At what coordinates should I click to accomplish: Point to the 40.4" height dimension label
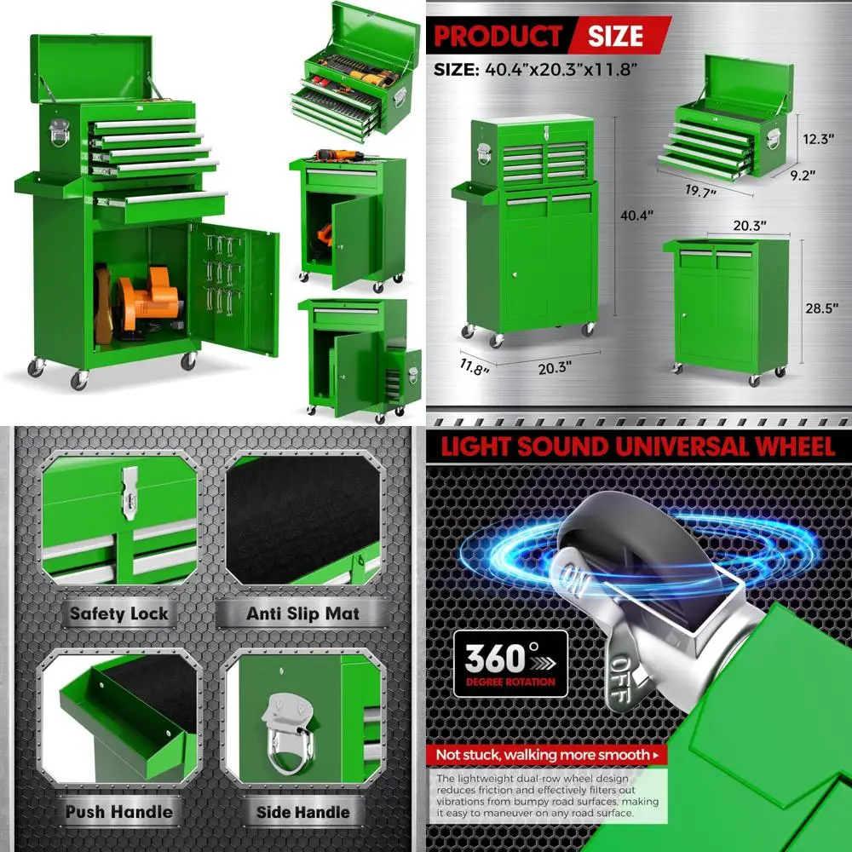pos(635,216)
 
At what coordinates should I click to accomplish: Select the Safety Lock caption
pos(119,613)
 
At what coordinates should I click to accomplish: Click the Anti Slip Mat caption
pos(302,613)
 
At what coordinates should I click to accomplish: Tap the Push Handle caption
pos(119,811)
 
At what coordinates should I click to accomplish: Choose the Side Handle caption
pos(302,811)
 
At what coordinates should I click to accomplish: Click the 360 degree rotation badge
pos(509,662)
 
